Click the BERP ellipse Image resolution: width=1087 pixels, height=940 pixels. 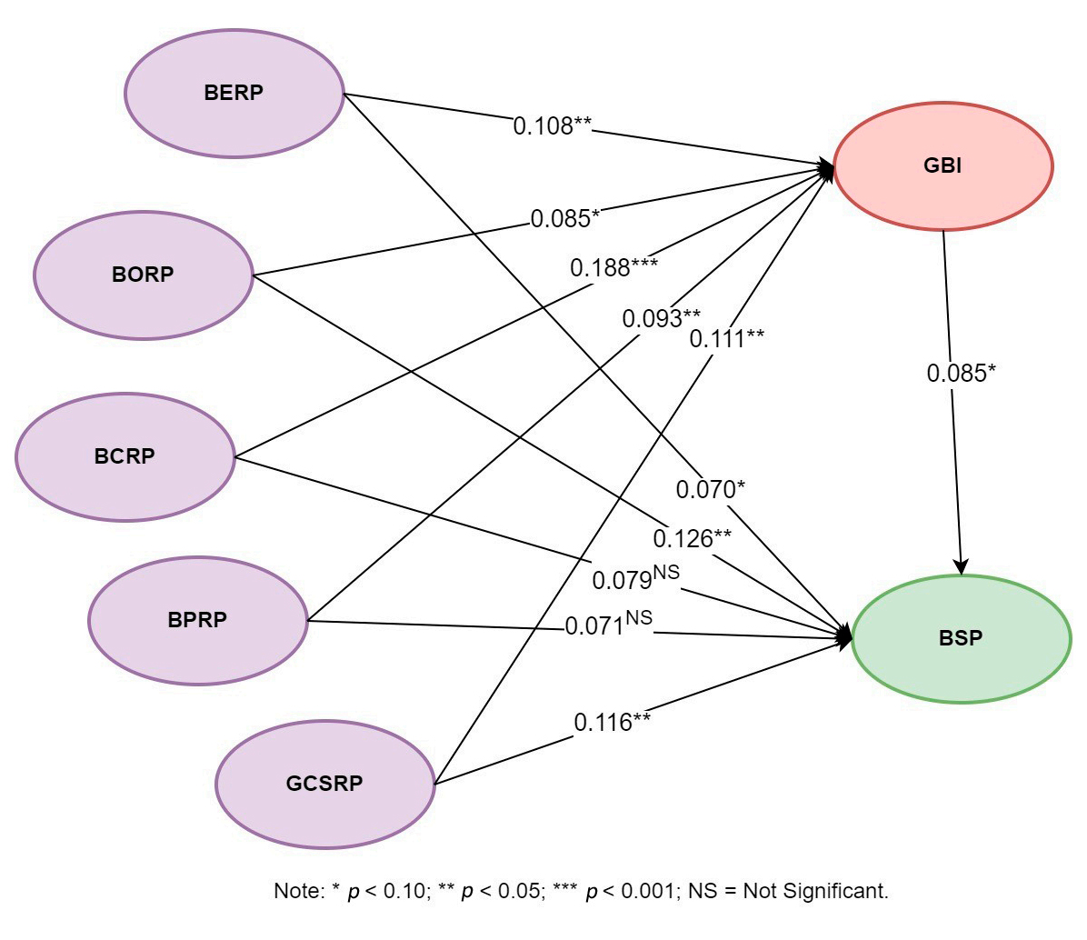pos(234,94)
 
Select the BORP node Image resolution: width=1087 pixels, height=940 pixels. pos(143,275)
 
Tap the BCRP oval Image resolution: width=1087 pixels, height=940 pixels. pos(125,456)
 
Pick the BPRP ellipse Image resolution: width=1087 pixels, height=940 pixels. pos(197,621)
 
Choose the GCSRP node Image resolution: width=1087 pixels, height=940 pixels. pos(324,784)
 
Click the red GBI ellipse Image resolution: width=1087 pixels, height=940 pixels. pos(942,166)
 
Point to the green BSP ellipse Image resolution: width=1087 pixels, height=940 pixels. pos(961,638)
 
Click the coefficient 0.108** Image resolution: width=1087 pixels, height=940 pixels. pos(553,126)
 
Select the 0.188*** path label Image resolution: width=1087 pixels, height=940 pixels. pos(613,268)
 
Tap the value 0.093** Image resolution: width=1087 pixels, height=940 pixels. pos(661,319)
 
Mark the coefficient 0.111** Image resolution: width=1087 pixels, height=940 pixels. pos(726,339)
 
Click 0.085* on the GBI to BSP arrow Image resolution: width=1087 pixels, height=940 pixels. pos(962,374)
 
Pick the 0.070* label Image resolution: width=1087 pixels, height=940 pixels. pos(710,490)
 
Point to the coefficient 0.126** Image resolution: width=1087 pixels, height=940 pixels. pos(692,538)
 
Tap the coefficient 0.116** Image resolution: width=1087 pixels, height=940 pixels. pos(612,723)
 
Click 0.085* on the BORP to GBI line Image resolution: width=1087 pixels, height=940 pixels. pos(565,219)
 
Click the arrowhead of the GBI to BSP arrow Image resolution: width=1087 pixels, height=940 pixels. pos(962,565)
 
